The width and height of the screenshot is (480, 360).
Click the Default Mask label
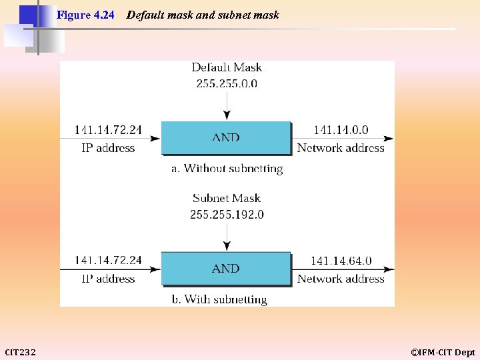pyautogui.click(x=227, y=67)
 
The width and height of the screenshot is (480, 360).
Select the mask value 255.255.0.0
pyautogui.click(x=227, y=83)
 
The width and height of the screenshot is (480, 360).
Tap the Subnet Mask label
pyautogui.click(x=227, y=198)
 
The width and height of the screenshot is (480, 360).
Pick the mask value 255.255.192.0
pyautogui.click(x=227, y=214)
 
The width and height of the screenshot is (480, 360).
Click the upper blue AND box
pyautogui.click(x=226, y=138)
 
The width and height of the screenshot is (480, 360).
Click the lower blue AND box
pyautogui.click(x=226, y=268)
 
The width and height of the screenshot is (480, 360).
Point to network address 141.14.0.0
pyautogui.click(x=341, y=131)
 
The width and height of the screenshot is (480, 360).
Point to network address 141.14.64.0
pyautogui.click(x=341, y=261)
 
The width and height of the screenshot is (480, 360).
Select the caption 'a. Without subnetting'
pyautogui.click(x=227, y=169)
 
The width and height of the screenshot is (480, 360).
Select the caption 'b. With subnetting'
pyautogui.click(x=219, y=299)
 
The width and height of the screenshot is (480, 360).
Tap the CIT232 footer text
pyautogui.click(x=21, y=352)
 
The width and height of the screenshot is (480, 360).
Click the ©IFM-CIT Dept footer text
pyautogui.click(x=443, y=352)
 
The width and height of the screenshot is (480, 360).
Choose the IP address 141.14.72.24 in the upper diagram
pyautogui.click(x=108, y=131)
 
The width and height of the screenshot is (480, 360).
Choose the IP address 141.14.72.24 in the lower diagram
pyautogui.click(x=108, y=261)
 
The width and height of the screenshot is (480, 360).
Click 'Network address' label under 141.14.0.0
pyautogui.click(x=341, y=148)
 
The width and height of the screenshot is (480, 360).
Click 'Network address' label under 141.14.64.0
pyautogui.click(x=341, y=279)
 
